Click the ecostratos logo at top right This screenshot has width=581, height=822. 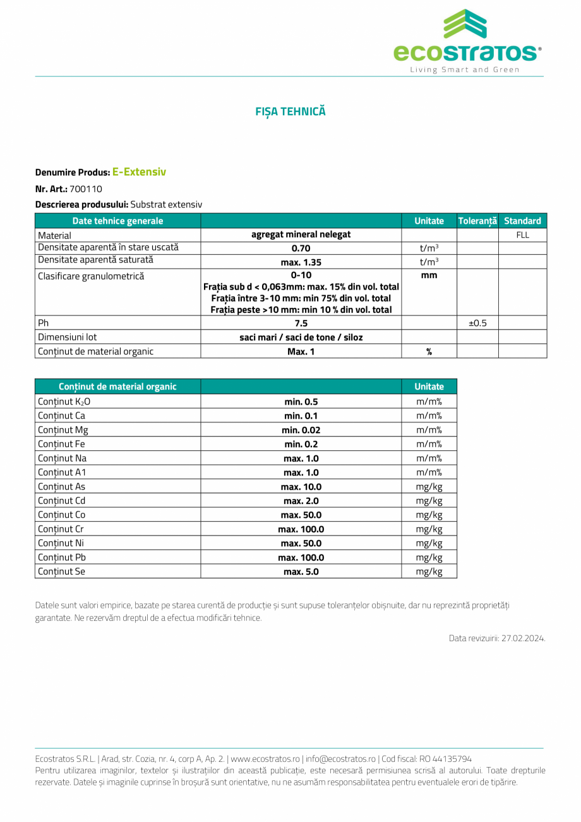(x=467, y=40)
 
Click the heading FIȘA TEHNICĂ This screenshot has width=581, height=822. (x=290, y=111)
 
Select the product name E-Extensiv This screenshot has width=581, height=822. (x=139, y=171)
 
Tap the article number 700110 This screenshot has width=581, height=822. (x=86, y=188)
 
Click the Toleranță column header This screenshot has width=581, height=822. (x=477, y=221)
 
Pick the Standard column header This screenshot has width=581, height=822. (x=522, y=221)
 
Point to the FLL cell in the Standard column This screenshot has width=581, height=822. (x=522, y=235)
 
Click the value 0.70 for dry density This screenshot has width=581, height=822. (x=301, y=248)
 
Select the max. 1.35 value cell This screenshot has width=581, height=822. (x=301, y=262)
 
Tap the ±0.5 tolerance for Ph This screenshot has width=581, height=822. (x=477, y=323)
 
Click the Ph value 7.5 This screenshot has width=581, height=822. (x=301, y=323)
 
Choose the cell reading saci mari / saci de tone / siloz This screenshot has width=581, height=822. (x=301, y=337)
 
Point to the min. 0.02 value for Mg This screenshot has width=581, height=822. (x=301, y=430)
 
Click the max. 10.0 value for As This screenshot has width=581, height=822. (x=301, y=487)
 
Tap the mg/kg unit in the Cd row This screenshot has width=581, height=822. (x=429, y=501)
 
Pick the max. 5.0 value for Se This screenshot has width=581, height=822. (x=301, y=572)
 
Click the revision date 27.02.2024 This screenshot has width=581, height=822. (x=523, y=638)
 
